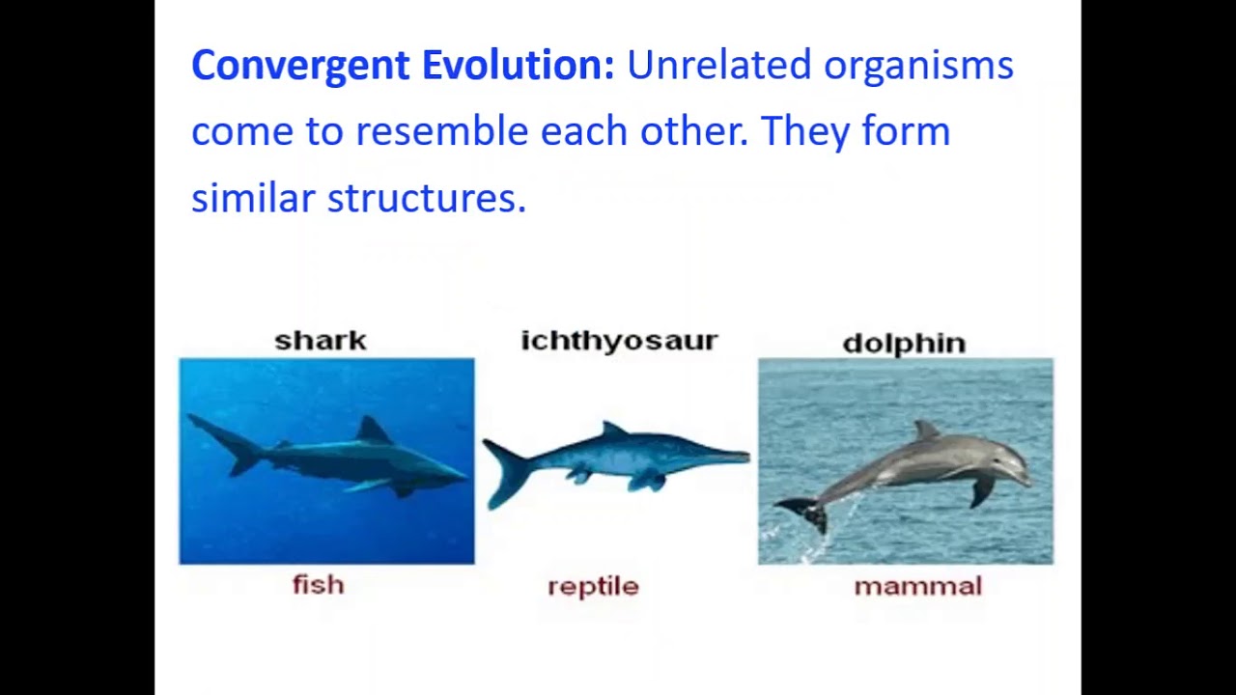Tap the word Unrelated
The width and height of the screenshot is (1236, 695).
tap(718, 66)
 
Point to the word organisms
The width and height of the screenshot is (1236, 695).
tap(918, 66)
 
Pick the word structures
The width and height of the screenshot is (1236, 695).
tap(426, 198)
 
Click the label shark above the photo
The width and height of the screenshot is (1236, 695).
tap(321, 341)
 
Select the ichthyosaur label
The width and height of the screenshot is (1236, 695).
tap(619, 341)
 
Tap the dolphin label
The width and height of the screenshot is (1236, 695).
tap(904, 343)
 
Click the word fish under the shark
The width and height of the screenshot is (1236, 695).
tap(318, 585)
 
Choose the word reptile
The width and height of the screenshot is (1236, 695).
tap(593, 587)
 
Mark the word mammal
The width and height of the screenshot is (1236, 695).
tap(917, 587)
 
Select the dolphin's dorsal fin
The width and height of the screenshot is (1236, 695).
tap(926, 431)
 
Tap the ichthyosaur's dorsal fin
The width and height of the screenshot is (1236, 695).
tap(613, 430)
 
